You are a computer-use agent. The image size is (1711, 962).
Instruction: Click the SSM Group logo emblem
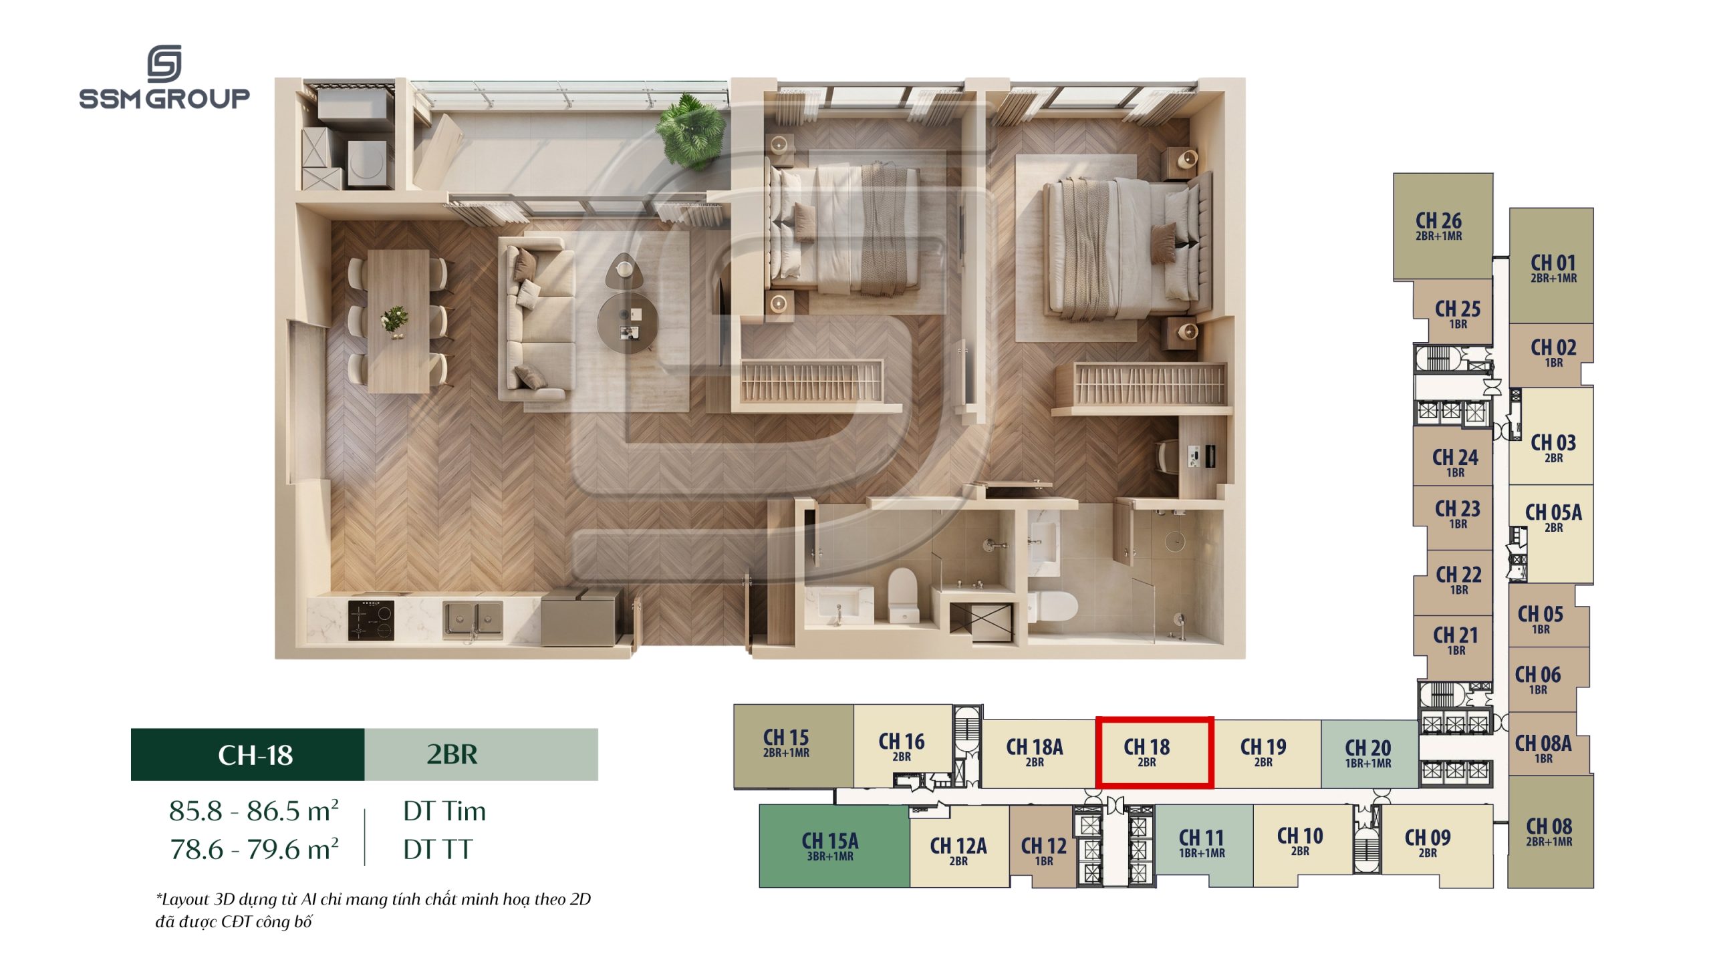tap(164, 64)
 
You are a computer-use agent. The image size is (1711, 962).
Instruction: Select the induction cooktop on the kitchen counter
tap(371, 619)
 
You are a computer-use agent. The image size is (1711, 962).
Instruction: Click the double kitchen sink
tap(473, 619)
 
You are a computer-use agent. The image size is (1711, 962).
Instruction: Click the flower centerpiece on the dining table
tap(394, 320)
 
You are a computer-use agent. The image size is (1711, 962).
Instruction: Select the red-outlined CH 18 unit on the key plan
tap(1154, 752)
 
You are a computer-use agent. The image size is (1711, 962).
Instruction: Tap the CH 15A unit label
tap(830, 846)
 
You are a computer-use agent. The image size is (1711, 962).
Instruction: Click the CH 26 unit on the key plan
tap(1443, 226)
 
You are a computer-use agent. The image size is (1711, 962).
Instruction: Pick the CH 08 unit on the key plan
tap(1551, 832)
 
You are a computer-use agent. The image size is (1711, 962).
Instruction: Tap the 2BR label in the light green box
tap(452, 754)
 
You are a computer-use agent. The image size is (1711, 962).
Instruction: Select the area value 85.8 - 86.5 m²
tap(254, 810)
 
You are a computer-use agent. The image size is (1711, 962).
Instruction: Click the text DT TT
tap(438, 850)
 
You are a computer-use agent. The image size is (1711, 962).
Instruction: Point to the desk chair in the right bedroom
tap(1167, 458)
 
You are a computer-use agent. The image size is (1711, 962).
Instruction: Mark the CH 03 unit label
tap(1553, 448)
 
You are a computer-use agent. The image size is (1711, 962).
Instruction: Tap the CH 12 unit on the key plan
tap(1043, 846)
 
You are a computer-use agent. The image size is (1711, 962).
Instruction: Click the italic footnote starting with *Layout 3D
tap(374, 910)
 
